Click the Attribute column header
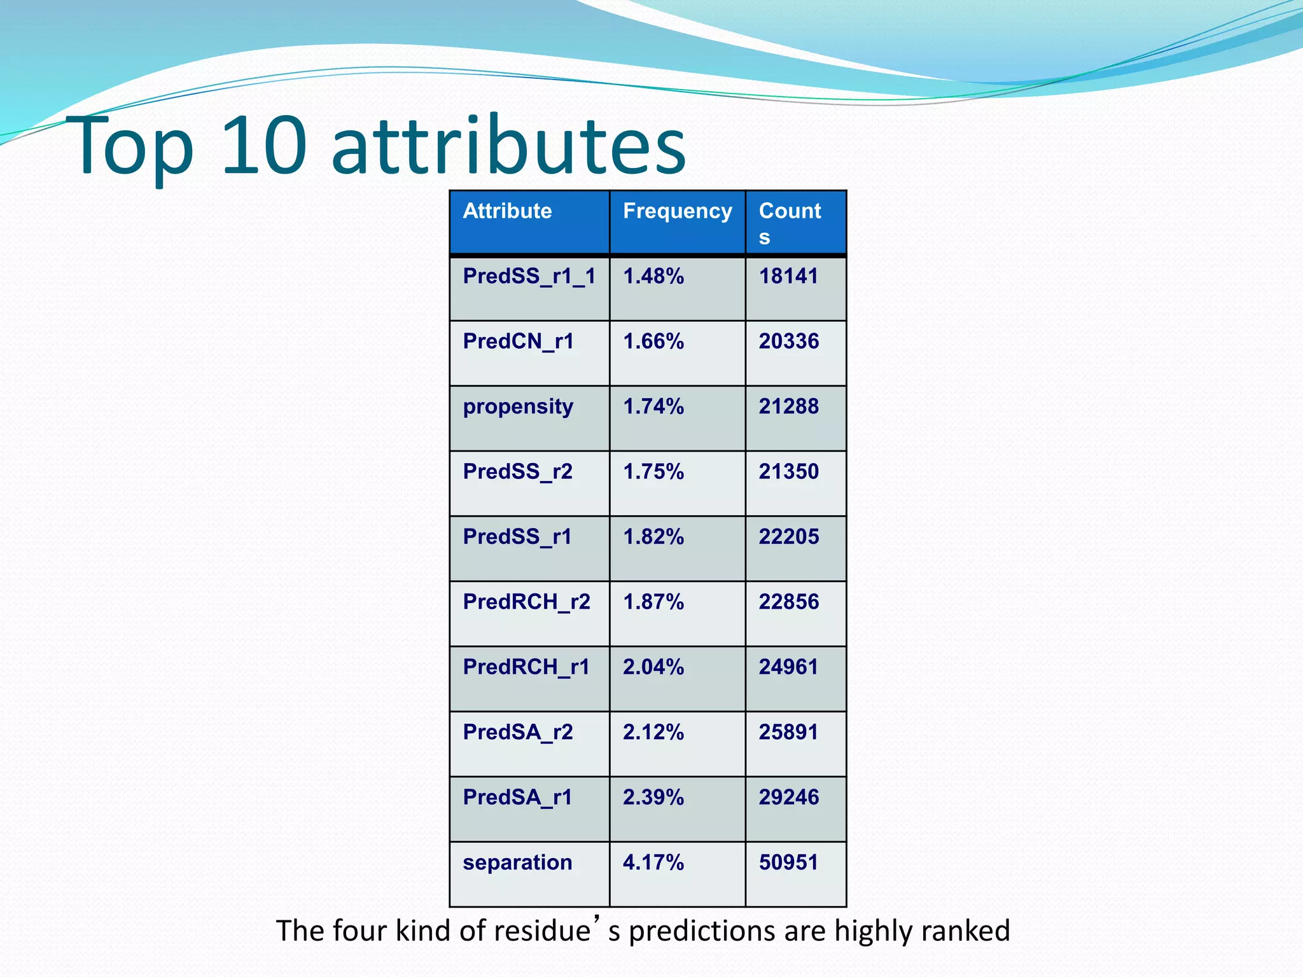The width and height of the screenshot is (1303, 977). [x=507, y=211]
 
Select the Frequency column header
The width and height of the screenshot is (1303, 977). [x=677, y=211]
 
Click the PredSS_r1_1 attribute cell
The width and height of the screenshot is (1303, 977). [x=529, y=277]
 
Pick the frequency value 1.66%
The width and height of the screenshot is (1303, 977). [x=653, y=342]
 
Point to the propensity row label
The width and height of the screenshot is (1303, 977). [x=518, y=407]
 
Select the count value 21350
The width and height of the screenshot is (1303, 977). [x=788, y=472]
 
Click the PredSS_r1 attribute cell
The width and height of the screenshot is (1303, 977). [x=517, y=537]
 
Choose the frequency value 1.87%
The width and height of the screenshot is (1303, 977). [x=653, y=602]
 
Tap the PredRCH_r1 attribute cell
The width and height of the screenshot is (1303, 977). [x=526, y=667]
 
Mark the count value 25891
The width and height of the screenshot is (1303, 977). [x=788, y=732]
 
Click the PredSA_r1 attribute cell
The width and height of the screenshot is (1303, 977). [x=517, y=798]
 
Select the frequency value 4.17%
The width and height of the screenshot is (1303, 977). [x=653, y=863]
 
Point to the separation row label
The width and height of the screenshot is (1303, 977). [x=517, y=863]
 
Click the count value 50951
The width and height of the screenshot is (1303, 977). [x=788, y=863]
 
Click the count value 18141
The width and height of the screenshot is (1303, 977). [x=788, y=277]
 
